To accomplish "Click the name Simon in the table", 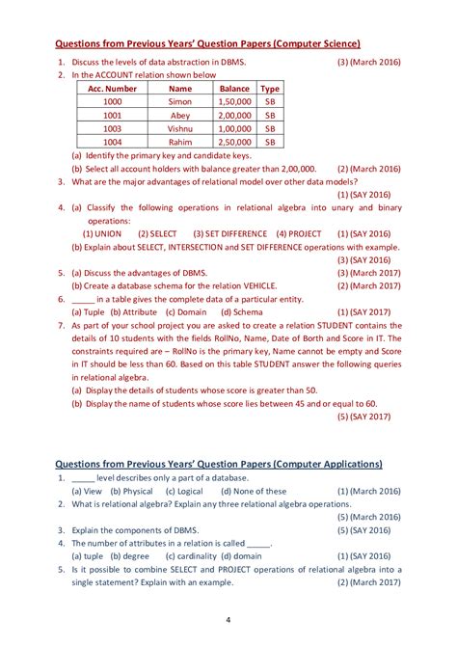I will (x=180, y=101).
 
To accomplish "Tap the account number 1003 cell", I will (x=113, y=127).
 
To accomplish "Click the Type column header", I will (x=271, y=88).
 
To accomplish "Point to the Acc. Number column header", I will (x=113, y=88).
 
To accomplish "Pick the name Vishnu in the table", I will (x=180, y=127).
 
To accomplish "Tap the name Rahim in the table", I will (x=180, y=141).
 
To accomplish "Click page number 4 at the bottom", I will (x=228, y=619).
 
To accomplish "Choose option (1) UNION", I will (x=102, y=233).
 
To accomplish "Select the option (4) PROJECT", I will (x=299, y=233).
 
